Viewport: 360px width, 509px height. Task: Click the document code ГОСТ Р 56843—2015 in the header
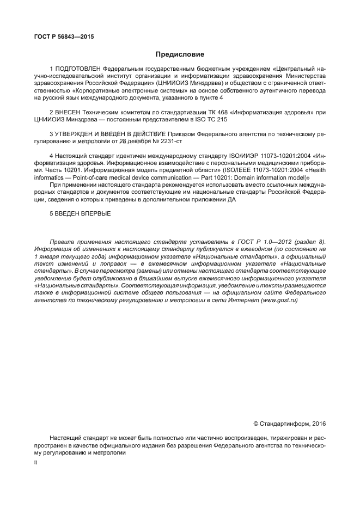coord(60,38)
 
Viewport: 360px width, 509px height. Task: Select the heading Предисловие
coord(180,54)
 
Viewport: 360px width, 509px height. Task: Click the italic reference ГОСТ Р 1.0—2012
coord(273,241)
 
